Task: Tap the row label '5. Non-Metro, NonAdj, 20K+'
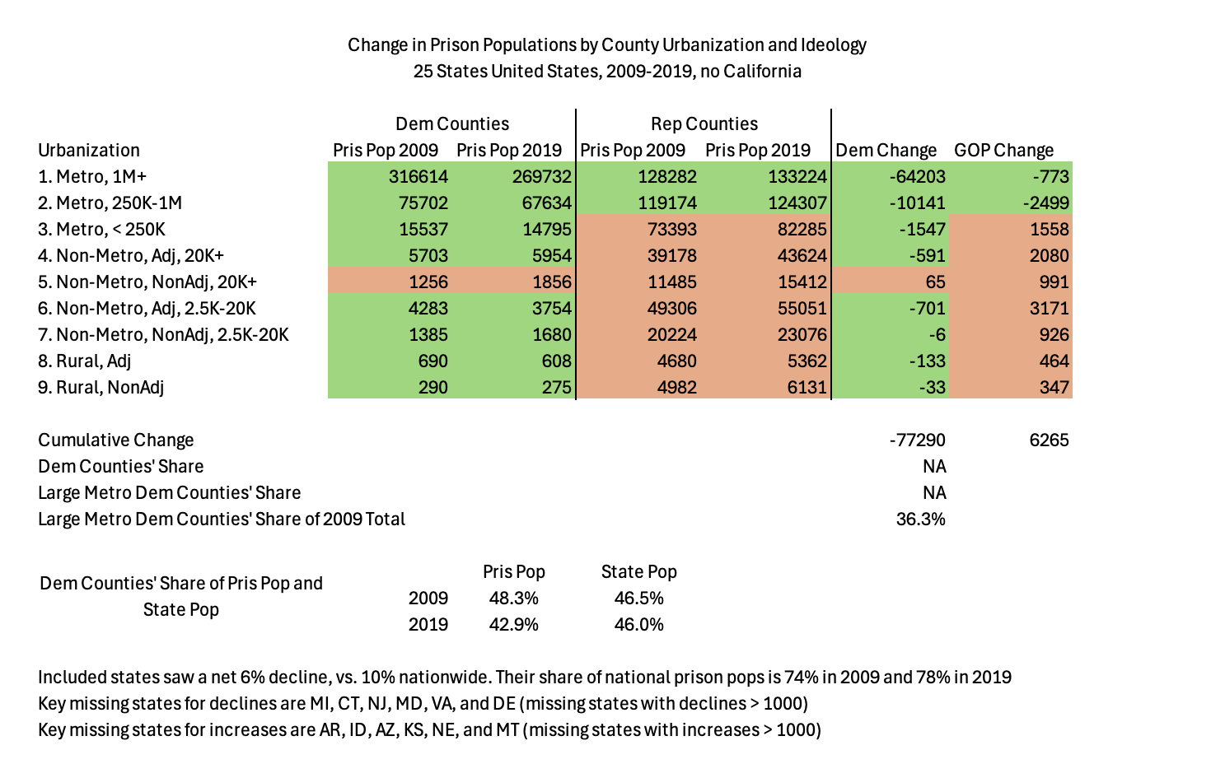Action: pyautogui.click(x=147, y=282)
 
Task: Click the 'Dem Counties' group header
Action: pyautogui.click(x=451, y=123)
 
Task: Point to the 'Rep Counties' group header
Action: pyautogui.click(x=704, y=123)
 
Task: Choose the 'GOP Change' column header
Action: pyautogui.click(x=1003, y=150)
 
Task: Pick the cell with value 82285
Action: pyautogui.click(x=797, y=229)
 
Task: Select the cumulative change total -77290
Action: pyautogui.click(x=917, y=440)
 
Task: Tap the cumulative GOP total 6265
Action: pyautogui.click(x=1049, y=440)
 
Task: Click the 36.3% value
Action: pyautogui.click(x=920, y=519)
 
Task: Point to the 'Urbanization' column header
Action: pyautogui.click(x=89, y=150)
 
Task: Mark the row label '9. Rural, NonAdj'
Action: pyautogui.click(x=101, y=387)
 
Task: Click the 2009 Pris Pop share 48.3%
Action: pyautogui.click(x=513, y=598)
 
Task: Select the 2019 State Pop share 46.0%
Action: pyautogui.click(x=638, y=624)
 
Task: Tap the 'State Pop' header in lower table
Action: pyautogui.click(x=638, y=571)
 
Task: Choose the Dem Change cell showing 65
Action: pyautogui.click(x=934, y=282)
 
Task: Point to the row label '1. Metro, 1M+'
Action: pyautogui.click(x=92, y=176)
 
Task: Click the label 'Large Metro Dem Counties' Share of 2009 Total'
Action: pyautogui.click(x=222, y=519)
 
